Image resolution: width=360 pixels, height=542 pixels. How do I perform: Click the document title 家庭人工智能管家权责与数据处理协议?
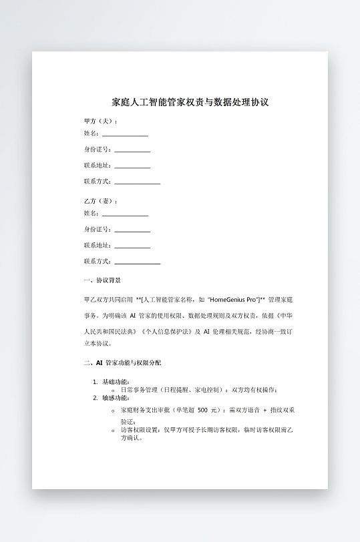coord(190,103)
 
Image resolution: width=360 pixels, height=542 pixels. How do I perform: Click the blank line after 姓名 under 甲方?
coord(125,135)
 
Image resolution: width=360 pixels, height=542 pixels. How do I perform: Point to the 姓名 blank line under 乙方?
coord(125,214)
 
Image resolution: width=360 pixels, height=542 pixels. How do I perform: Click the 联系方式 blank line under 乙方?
coord(137,262)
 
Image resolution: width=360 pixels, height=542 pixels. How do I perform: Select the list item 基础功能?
coord(111,382)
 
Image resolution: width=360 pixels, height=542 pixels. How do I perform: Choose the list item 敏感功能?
coord(111,398)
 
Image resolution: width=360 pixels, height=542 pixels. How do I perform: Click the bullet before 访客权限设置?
coord(113,431)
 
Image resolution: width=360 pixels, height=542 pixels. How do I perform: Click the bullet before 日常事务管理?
coord(113,390)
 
